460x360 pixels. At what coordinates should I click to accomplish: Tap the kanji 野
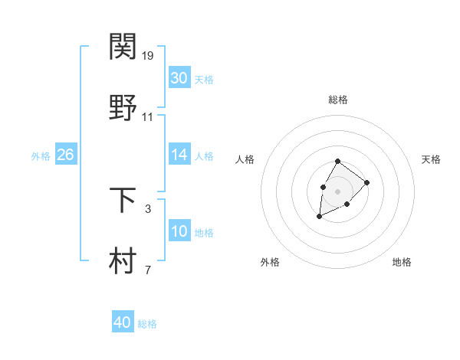123,108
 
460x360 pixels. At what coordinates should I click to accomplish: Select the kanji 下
123,199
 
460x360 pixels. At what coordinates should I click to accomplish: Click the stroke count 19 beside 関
148,55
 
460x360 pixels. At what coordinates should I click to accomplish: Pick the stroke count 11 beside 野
148,117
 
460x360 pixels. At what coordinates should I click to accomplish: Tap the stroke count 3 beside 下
148,208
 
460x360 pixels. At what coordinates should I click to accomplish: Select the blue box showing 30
179,78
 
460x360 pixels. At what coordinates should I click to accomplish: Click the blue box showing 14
179,155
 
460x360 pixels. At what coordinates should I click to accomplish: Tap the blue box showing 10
179,231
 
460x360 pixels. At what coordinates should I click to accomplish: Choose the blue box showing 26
65,155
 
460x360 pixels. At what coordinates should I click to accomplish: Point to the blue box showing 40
122,322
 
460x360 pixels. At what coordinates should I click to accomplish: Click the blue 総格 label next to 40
147,324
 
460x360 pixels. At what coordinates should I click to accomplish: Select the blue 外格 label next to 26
41,156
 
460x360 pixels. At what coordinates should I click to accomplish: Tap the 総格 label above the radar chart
337,100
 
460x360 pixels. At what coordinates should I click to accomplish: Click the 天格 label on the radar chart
431,159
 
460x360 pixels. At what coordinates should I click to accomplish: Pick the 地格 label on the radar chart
402,262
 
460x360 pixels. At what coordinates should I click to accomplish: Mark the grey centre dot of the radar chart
337,190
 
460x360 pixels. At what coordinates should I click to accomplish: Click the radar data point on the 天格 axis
366,182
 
